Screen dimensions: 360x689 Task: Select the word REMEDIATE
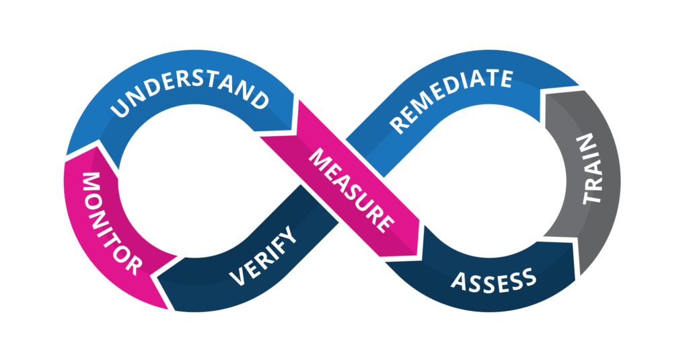point(451,102)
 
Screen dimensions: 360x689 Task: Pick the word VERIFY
point(262,256)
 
